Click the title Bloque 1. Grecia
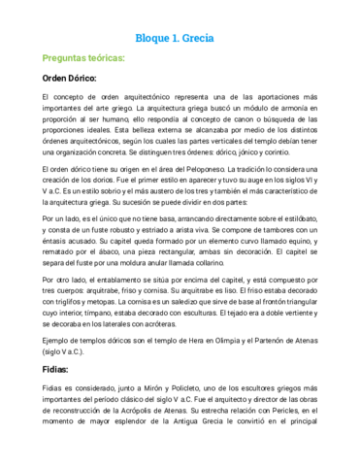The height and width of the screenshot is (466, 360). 180,38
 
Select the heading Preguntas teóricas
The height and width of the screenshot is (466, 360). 82,59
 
